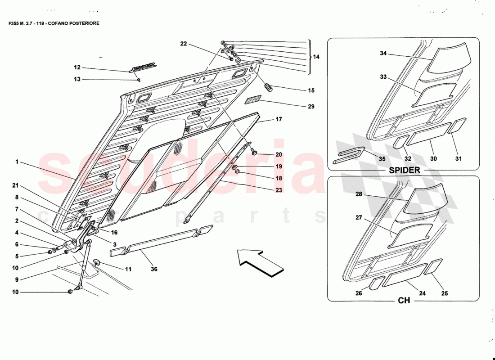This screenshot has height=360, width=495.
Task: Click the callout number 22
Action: click(183, 44)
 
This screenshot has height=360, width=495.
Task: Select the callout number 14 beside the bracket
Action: click(316, 57)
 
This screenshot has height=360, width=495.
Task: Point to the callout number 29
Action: click(311, 107)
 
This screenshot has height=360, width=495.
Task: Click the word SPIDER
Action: click(405, 170)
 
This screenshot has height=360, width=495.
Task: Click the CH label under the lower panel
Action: click(404, 300)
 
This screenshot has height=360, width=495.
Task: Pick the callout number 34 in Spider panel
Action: click(383, 54)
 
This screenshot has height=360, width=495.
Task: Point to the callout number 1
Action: click(17, 162)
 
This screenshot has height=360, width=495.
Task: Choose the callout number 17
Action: click(279, 120)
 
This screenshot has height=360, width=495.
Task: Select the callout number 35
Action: click(382, 159)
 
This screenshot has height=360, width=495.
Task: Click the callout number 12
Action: click(77, 67)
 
